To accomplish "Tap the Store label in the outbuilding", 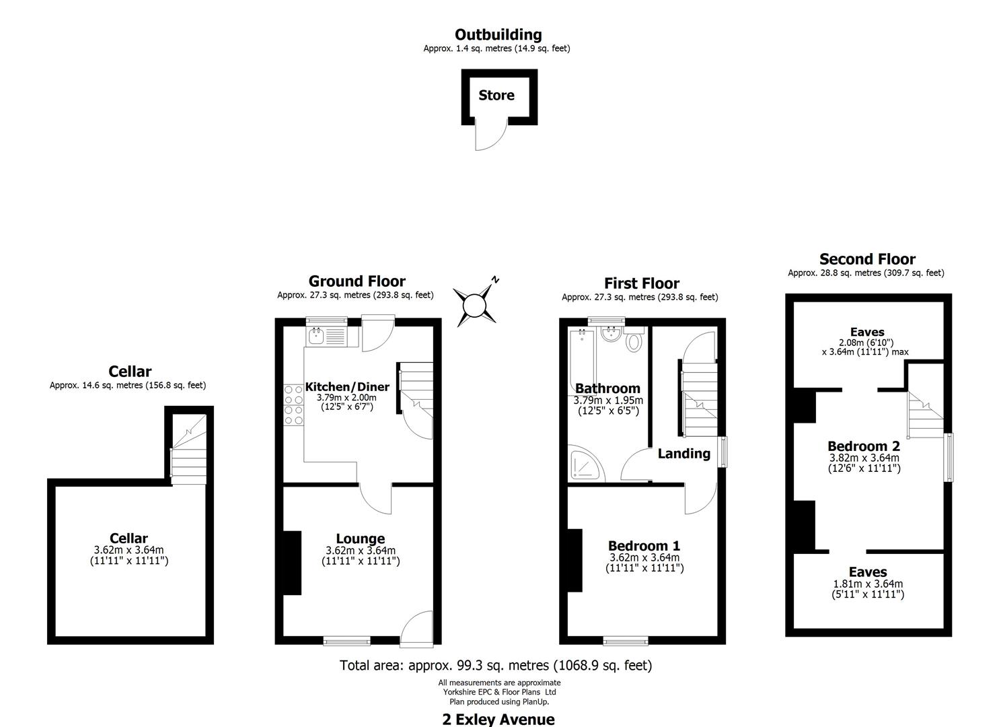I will click(x=496, y=96).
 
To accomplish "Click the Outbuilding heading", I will click(x=498, y=34).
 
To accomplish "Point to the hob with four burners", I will click(x=293, y=405).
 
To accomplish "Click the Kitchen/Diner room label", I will click(x=347, y=387).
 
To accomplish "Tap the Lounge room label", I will click(x=361, y=539).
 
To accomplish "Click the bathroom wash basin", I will click(x=612, y=335).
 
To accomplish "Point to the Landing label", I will click(x=683, y=454).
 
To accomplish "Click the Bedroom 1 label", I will click(x=644, y=546).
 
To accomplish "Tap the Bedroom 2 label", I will click(x=863, y=446).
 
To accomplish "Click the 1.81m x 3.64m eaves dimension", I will click(x=868, y=584).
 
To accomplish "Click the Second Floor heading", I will click(x=866, y=259).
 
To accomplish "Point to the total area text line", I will click(x=496, y=666).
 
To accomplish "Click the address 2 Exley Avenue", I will click(x=498, y=719).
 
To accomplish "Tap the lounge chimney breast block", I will click(x=292, y=563).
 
